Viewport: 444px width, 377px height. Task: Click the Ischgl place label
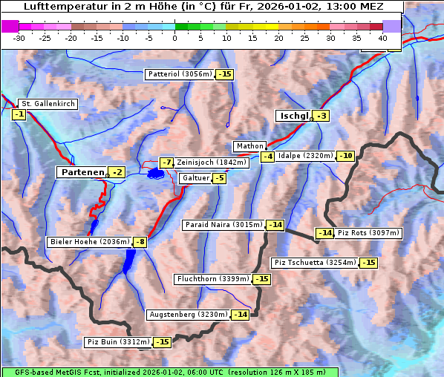tap(293, 116)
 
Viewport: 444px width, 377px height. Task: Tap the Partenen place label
tap(82, 172)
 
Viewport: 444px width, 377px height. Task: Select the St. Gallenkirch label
tap(48, 103)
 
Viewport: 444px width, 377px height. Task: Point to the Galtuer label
tap(195, 178)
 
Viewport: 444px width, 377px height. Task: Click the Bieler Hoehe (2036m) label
tap(89, 242)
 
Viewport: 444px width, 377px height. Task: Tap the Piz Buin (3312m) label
tap(118, 342)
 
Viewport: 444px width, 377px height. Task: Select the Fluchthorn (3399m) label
tap(212, 279)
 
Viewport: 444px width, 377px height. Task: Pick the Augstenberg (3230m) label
tap(188, 315)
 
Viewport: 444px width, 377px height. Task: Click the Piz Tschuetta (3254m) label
tap(316, 263)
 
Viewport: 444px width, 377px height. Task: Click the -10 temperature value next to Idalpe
tap(346, 156)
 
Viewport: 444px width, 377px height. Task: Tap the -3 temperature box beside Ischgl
tap(321, 116)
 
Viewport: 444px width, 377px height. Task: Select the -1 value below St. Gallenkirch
tap(19, 114)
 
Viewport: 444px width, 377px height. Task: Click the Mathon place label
tap(249, 146)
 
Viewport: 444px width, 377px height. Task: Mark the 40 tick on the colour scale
tap(382, 37)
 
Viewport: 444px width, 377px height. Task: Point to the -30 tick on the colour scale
tap(19, 37)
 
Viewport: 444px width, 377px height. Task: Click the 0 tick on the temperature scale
tap(175, 37)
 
